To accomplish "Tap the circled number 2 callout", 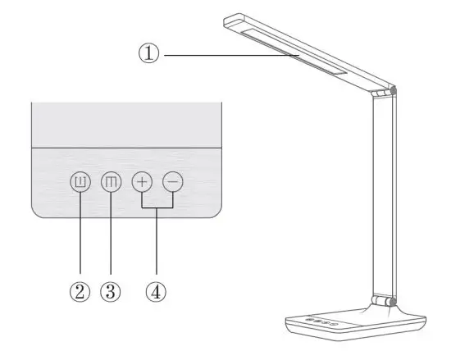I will (x=80, y=293).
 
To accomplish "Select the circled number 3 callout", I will (x=111, y=293).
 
